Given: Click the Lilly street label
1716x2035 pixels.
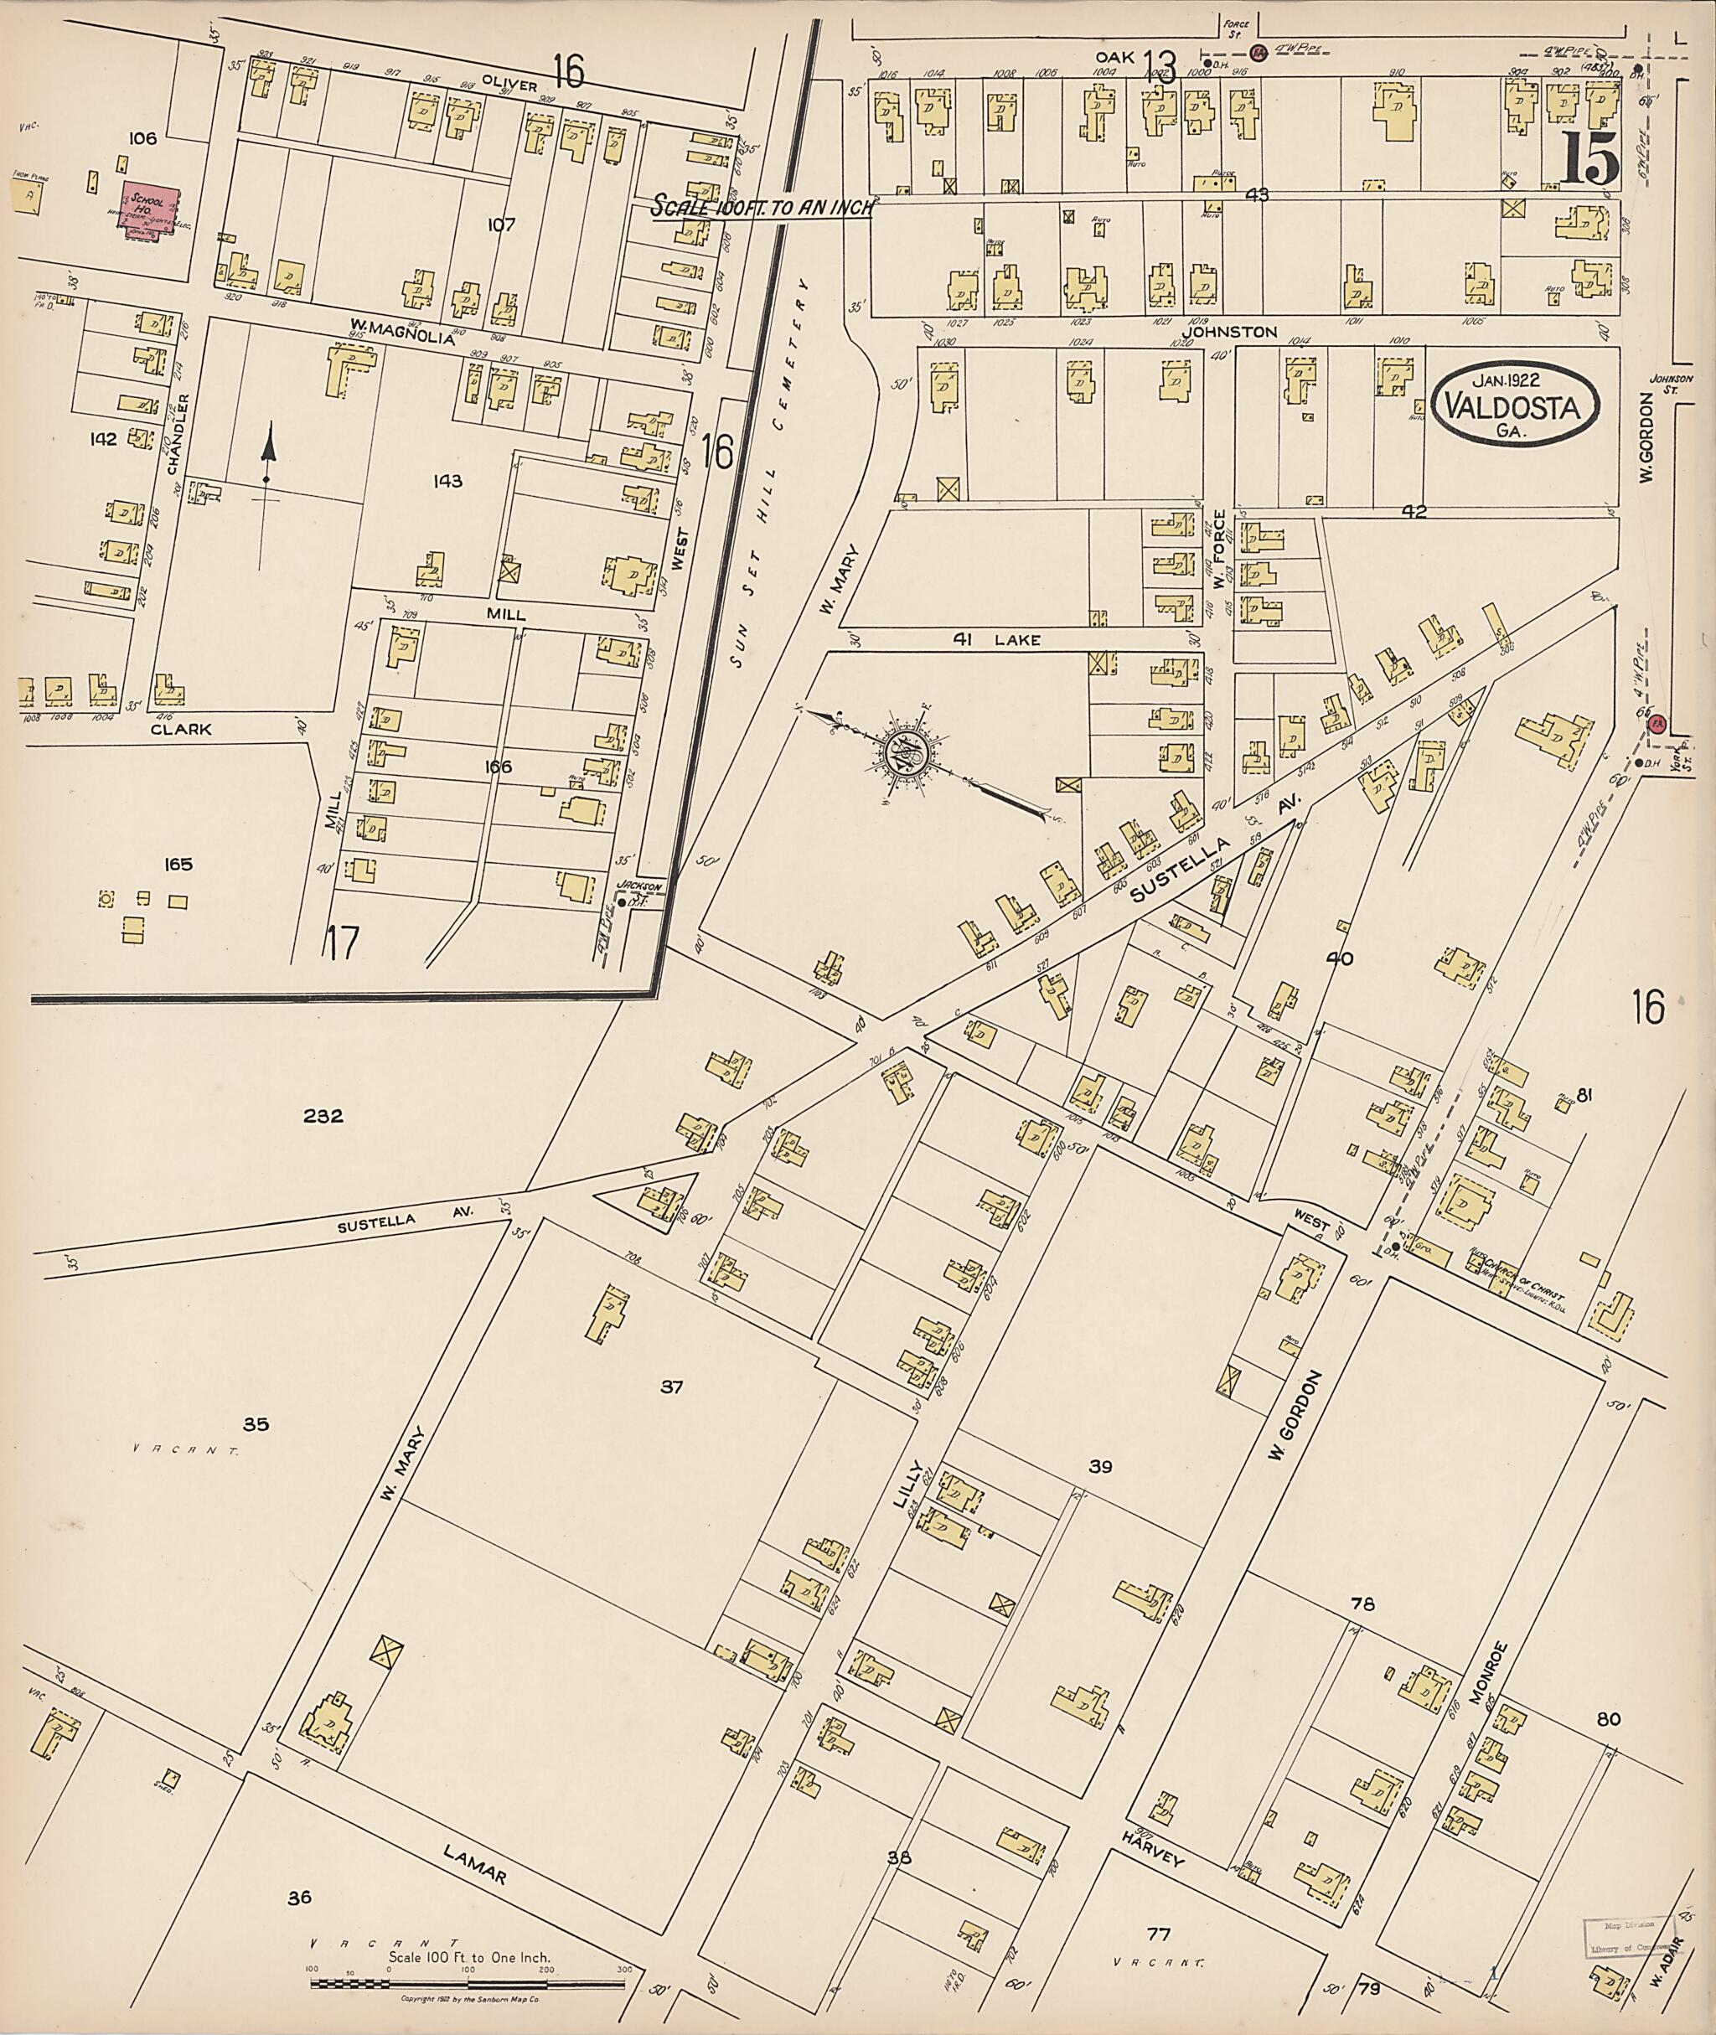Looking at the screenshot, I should [x=907, y=1487].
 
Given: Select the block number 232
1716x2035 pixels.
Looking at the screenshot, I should [x=323, y=1117].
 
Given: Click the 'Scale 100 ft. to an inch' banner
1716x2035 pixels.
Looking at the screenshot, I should [x=762, y=207].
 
